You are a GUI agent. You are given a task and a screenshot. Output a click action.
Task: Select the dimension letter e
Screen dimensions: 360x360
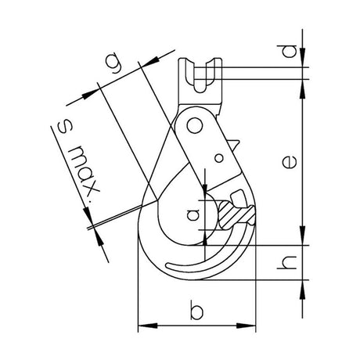click(290, 161)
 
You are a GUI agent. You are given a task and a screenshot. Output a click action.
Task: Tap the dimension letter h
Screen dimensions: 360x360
click(287, 262)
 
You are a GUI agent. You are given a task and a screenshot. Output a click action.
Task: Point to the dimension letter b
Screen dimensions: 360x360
click(196, 310)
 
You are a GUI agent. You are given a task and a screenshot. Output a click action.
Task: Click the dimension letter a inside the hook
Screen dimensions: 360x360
click(193, 214)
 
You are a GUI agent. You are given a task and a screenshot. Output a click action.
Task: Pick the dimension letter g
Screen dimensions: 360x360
click(114, 63)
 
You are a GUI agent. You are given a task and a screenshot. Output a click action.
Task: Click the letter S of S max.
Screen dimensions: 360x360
click(66, 127)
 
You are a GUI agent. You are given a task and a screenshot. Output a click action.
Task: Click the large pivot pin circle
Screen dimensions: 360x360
click(195, 126)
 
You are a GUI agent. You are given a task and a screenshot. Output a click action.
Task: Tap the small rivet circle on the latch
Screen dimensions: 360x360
click(219, 158)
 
